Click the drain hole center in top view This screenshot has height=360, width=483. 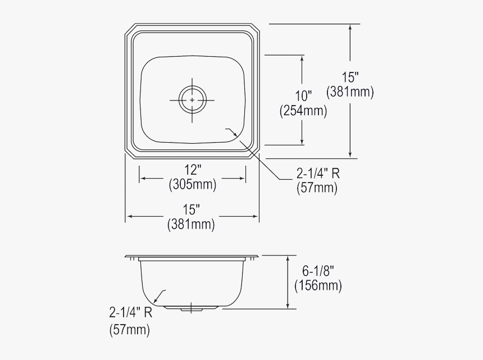(x=192, y=100)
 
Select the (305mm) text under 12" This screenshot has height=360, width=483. (x=192, y=184)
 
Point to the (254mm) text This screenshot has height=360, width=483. (x=303, y=111)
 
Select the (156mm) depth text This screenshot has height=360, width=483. (x=318, y=286)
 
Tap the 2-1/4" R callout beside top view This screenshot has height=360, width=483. (x=317, y=174)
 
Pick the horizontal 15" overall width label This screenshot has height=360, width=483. (x=191, y=209)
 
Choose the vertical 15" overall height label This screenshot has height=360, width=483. (x=350, y=76)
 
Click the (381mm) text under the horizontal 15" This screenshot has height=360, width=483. (x=191, y=224)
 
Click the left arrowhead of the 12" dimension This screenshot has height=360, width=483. (x=142, y=179)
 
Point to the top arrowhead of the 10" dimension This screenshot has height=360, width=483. (x=303, y=58)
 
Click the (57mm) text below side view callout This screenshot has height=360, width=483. (x=130, y=330)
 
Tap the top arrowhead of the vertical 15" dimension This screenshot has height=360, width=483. (x=350, y=27)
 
